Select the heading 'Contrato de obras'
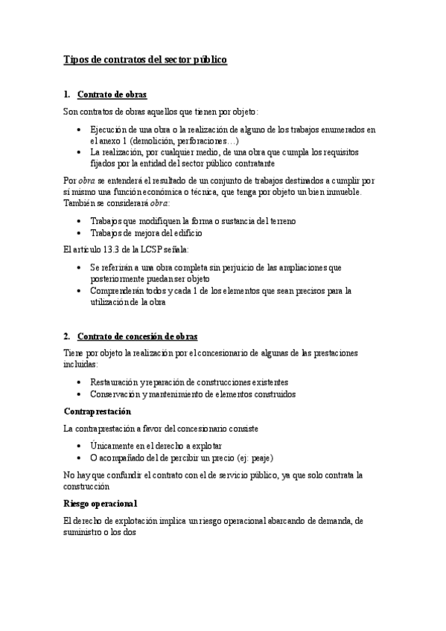(112, 95)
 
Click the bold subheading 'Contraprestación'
(98, 411)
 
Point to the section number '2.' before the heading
(67, 336)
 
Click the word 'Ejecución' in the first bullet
(110, 129)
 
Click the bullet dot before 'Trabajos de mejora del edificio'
(80, 233)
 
